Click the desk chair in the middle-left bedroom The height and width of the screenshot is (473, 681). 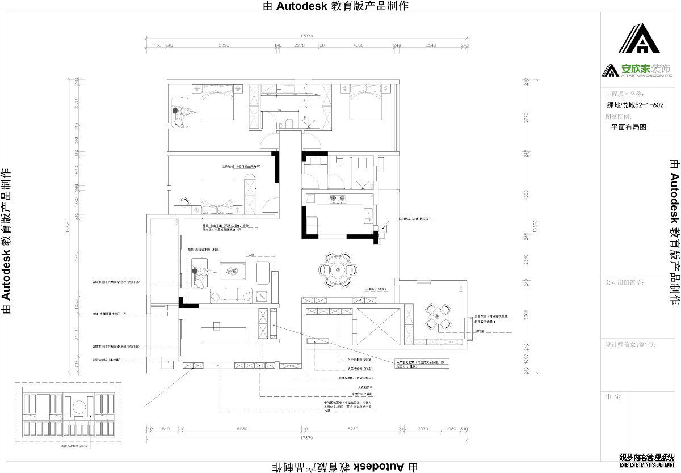pos(183,201)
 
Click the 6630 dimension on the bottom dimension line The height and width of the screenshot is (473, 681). pos(242,429)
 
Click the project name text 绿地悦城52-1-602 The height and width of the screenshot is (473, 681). pos(635,105)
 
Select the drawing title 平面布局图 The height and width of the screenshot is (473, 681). pos(628,128)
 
